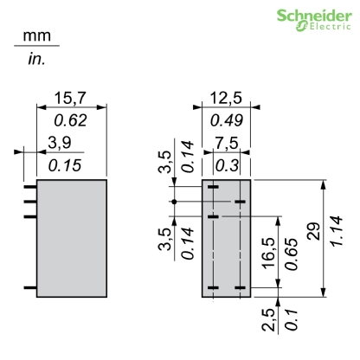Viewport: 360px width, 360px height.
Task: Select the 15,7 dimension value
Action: tap(72, 100)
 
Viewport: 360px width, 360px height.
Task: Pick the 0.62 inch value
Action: tap(72, 121)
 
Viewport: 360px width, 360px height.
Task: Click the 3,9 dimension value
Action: tap(59, 142)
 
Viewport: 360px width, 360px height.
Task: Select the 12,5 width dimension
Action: tap(226, 100)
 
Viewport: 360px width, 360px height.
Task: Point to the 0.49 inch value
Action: tap(226, 121)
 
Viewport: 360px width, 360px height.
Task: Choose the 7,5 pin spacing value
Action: tap(225, 142)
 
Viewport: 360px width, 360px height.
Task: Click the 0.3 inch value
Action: tap(225, 164)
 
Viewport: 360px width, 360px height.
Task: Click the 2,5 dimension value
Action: tap(272, 323)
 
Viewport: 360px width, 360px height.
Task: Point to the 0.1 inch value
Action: tap(293, 323)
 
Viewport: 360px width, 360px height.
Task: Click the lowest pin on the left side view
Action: tap(29, 286)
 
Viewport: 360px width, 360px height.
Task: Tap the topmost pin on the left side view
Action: tap(29, 184)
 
